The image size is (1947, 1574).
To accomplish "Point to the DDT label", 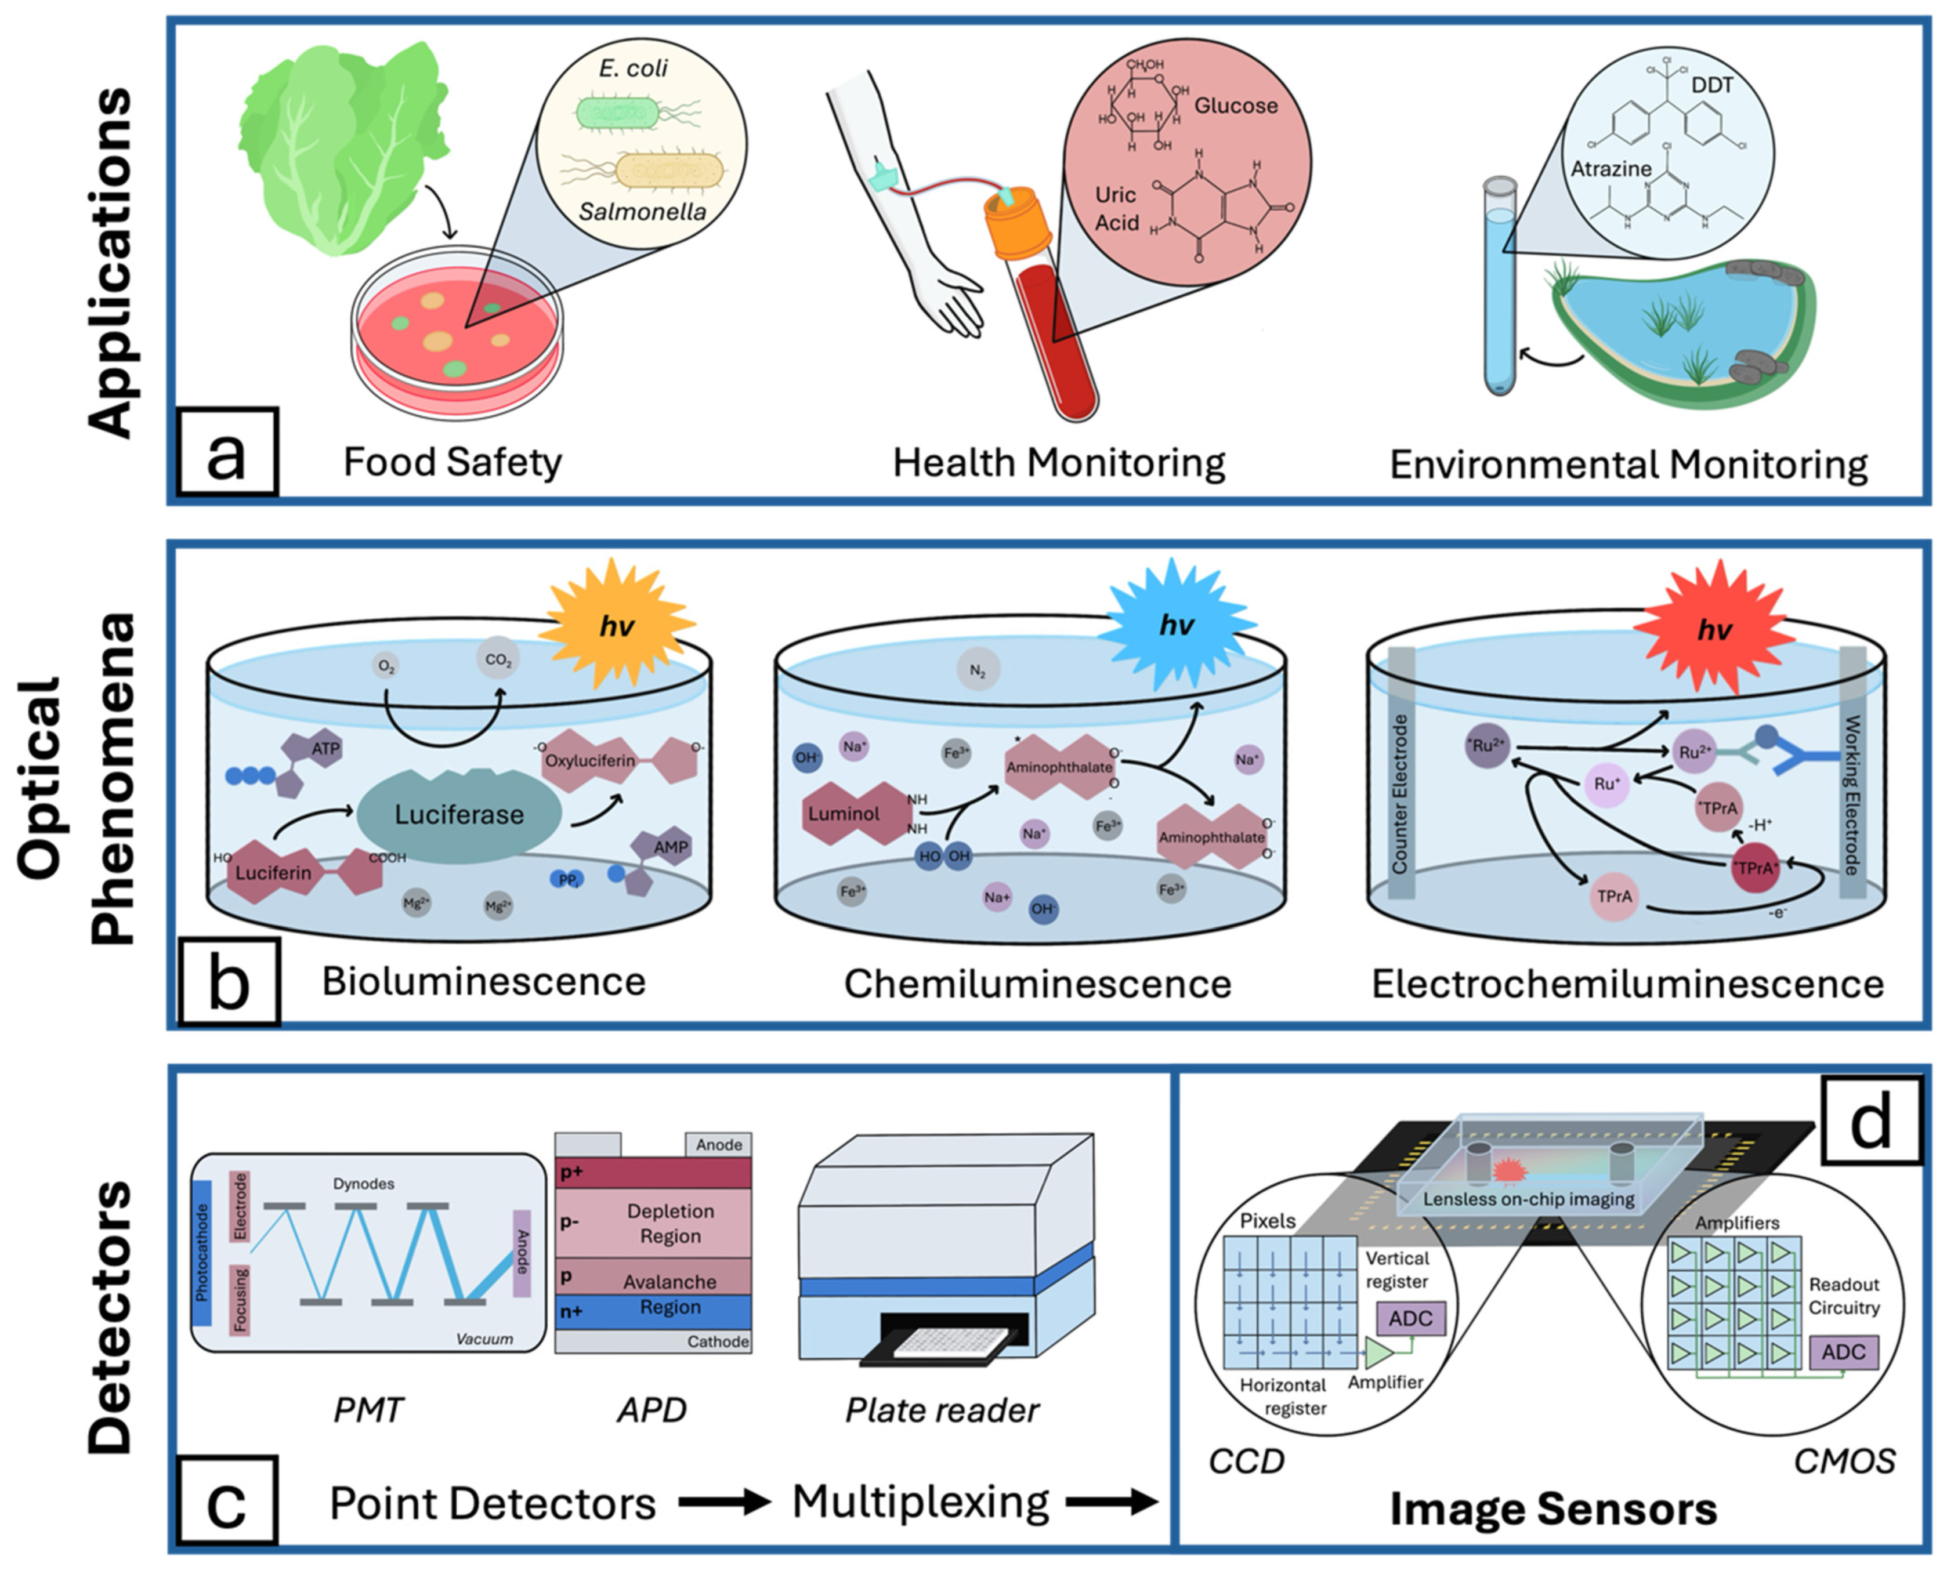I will click(x=1711, y=85).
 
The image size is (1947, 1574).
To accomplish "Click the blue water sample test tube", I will click(x=1500, y=290).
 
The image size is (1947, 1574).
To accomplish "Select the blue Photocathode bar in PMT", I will click(x=201, y=1251).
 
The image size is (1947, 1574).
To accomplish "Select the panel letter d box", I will click(x=1870, y=1120).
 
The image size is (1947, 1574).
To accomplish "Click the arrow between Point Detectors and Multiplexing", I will click(x=723, y=1502).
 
